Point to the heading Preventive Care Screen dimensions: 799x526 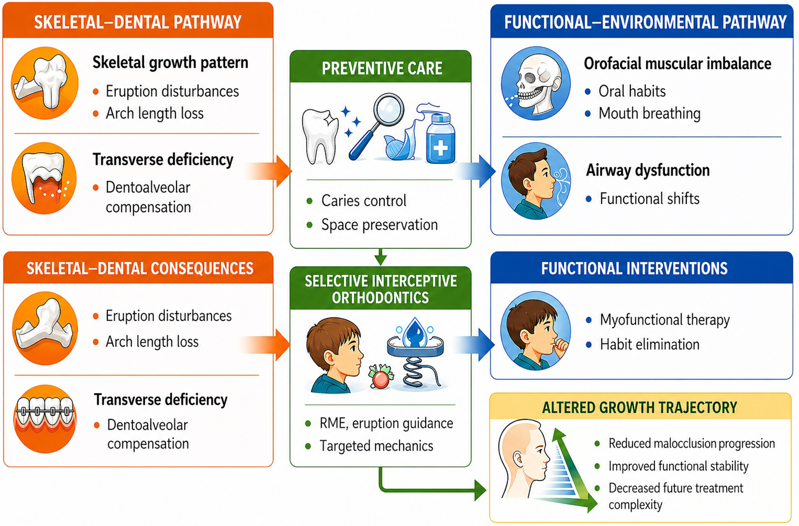[x=382, y=68]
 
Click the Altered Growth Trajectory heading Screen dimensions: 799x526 [x=640, y=407]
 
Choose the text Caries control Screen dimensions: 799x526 [x=364, y=201]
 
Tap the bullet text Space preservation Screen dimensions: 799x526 [x=379, y=225]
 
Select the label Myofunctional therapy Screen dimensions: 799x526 [x=665, y=320]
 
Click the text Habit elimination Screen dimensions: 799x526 [x=649, y=344]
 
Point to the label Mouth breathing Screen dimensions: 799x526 [x=649, y=113]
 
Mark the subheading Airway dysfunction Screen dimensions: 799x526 [x=648, y=170]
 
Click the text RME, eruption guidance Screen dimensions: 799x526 [x=386, y=423]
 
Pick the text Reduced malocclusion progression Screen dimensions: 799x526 [x=692, y=444]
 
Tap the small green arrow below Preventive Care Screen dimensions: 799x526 [x=380, y=257]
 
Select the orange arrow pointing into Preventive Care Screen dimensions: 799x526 [x=268, y=171]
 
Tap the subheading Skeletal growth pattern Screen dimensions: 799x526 [x=170, y=63]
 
